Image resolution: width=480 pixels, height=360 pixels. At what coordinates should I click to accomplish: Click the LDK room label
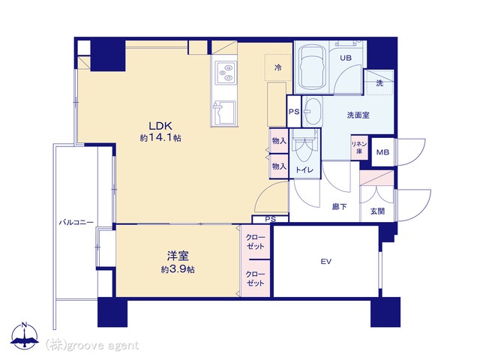(x=160, y=126)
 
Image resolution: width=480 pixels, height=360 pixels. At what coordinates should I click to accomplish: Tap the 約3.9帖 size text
(x=178, y=269)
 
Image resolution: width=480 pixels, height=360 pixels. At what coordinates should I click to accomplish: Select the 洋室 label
(x=178, y=256)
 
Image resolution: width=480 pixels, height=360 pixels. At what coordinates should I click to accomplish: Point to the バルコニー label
(x=76, y=223)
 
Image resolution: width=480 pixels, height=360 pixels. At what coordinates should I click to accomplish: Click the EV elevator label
(x=326, y=262)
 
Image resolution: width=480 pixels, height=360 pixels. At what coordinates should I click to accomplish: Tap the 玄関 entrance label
(x=377, y=211)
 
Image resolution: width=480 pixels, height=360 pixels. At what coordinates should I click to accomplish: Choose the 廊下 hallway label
(x=340, y=207)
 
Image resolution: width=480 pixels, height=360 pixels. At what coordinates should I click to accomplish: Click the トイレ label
(x=304, y=169)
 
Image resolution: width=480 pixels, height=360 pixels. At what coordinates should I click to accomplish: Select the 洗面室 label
(x=358, y=115)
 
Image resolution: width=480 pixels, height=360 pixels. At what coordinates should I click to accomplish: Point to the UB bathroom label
(x=346, y=58)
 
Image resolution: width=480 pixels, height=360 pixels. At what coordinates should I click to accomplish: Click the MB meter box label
(x=382, y=152)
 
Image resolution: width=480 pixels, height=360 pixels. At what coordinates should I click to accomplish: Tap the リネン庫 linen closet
(x=359, y=148)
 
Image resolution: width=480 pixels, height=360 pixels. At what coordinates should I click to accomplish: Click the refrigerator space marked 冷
(x=278, y=67)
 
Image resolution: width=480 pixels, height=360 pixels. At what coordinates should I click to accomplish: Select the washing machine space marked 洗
(x=379, y=82)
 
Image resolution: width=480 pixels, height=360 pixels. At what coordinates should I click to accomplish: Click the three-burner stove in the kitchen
(x=226, y=73)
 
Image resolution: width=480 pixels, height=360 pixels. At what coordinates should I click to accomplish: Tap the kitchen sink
(x=224, y=112)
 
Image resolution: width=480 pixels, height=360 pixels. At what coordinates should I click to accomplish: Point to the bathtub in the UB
(x=311, y=67)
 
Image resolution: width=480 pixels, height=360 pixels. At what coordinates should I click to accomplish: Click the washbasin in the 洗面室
(x=313, y=111)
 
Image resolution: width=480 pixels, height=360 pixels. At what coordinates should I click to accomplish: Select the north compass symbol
(x=25, y=336)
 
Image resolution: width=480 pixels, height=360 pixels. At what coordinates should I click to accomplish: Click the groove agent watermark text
(x=91, y=346)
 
